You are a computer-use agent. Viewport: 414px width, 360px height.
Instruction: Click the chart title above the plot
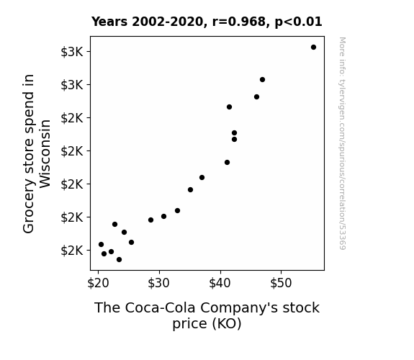pyautogui.click(x=207, y=22)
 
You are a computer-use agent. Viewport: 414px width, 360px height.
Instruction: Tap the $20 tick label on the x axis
pyautogui.click(x=98, y=283)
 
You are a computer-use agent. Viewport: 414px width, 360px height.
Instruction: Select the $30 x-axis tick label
pyautogui.click(x=158, y=283)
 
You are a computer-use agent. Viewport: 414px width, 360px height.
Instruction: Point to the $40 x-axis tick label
pyautogui.click(x=220, y=283)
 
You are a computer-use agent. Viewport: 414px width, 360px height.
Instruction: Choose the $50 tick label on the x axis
pyautogui.click(x=281, y=283)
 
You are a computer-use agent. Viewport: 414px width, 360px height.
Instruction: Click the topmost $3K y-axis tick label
pyautogui.click(x=72, y=52)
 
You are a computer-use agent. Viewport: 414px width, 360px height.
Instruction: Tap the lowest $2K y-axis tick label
pyautogui.click(x=72, y=251)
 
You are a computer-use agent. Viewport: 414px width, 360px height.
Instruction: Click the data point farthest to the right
pyautogui.click(x=313, y=48)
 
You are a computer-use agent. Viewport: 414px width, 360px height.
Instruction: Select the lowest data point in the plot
pyautogui.click(x=119, y=260)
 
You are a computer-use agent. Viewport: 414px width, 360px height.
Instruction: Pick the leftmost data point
pyautogui.click(x=101, y=245)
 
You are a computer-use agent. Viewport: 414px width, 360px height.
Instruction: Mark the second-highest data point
pyautogui.click(x=262, y=79)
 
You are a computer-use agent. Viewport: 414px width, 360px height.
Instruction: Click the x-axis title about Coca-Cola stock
pyautogui.click(x=207, y=315)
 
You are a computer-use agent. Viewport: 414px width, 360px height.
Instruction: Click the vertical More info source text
pyautogui.click(x=342, y=143)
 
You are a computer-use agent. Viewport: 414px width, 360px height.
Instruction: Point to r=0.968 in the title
pyautogui.click(x=239, y=22)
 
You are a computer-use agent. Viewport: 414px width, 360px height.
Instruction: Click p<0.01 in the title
pyautogui.click(x=298, y=22)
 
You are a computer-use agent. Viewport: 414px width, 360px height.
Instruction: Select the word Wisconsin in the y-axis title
pyautogui.click(x=45, y=153)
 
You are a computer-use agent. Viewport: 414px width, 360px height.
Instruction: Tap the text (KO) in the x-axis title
pyautogui.click(x=227, y=323)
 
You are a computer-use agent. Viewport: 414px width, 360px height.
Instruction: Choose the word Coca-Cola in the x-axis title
pyautogui.click(x=160, y=307)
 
